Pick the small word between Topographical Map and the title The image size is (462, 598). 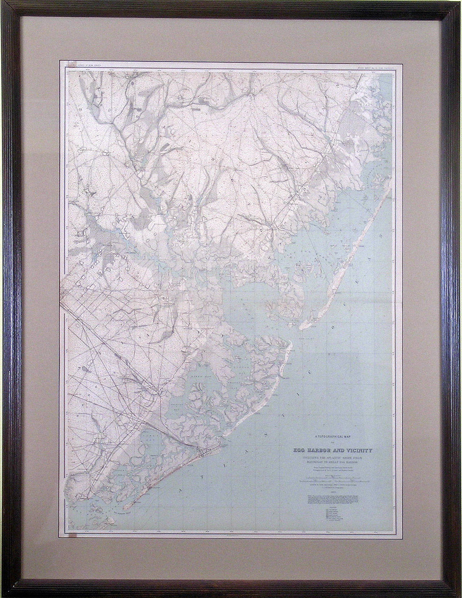(x=332, y=442)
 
